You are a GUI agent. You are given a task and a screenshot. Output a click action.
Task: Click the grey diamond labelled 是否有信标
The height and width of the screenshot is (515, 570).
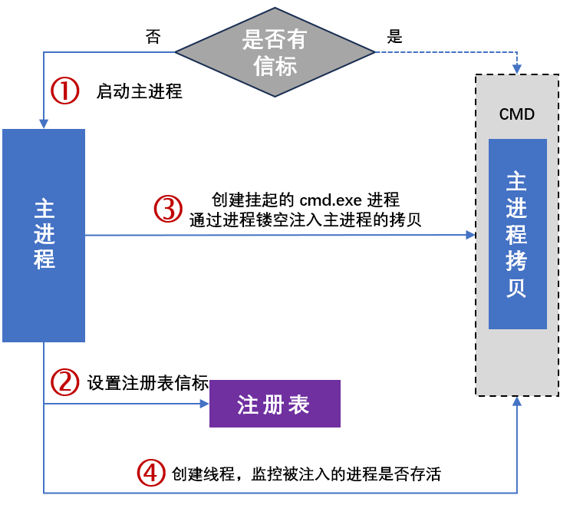[x=275, y=51]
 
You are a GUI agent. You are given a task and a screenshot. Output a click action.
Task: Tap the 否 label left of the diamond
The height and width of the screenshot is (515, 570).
[x=153, y=37]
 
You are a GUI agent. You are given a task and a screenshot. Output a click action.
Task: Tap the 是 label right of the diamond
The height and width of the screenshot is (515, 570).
[x=395, y=36]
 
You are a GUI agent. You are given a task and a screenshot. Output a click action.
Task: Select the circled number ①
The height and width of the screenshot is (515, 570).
[x=65, y=91]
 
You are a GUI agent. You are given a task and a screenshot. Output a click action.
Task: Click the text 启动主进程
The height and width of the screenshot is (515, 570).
[x=139, y=92]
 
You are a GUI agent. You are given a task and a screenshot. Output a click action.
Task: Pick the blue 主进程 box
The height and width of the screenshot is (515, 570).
[x=44, y=235]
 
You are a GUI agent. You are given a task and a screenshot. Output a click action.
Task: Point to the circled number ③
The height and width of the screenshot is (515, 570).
[x=169, y=209]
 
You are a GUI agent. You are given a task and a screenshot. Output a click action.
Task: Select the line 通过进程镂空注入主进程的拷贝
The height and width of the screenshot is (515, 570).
[x=306, y=219]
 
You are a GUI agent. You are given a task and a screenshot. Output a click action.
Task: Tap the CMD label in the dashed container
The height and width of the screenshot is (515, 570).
[x=516, y=114]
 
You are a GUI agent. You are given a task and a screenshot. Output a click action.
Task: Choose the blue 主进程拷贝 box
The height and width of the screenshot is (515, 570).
[x=517, y=233]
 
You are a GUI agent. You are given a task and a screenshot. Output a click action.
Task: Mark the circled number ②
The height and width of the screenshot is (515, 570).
[x=65, y=382]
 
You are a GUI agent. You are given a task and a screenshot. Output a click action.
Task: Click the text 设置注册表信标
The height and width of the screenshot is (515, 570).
[x=148, y=383]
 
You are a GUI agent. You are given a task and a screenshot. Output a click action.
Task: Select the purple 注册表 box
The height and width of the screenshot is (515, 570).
[x=274, y=404]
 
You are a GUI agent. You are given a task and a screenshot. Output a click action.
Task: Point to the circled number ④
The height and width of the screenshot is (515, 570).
[x=151, y=473]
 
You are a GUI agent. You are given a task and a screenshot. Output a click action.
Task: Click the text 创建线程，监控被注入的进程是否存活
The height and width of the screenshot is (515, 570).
[x=307, y=474]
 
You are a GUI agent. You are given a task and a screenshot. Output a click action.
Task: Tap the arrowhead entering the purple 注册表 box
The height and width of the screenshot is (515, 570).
[x=205, y=404]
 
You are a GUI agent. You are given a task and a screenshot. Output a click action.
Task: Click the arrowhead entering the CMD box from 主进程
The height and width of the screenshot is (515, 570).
[x=471, y=235]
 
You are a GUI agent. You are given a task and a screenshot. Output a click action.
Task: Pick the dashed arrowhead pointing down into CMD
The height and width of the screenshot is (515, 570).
[x=517, y=68]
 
